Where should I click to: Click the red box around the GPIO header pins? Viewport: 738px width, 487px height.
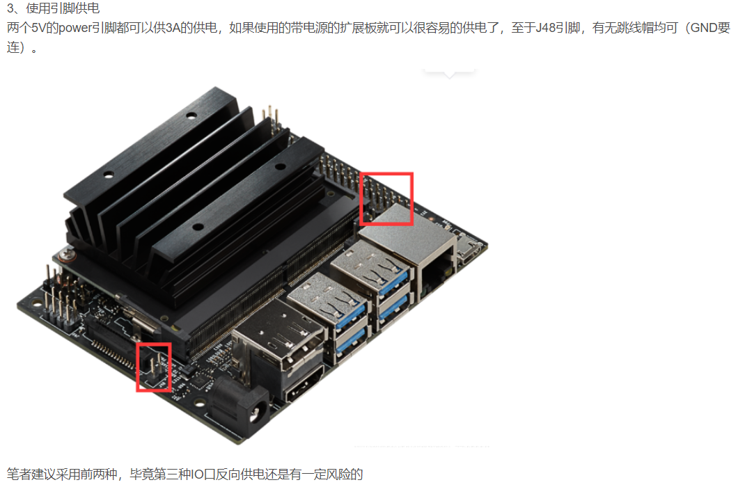pos(386,198)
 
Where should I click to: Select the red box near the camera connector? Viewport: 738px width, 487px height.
pos(153,367)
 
